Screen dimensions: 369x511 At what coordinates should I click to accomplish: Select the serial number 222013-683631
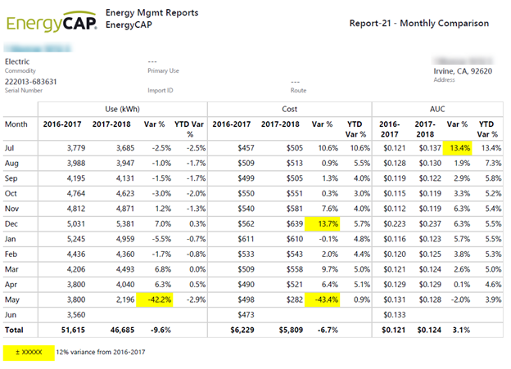click(x=32, y=81)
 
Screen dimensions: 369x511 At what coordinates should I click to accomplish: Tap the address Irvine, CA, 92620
click(x=463, y=70)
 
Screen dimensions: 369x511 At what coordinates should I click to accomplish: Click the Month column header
click(x=16, y=124)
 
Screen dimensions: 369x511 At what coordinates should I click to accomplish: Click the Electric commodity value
click(x=17, y=61)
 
